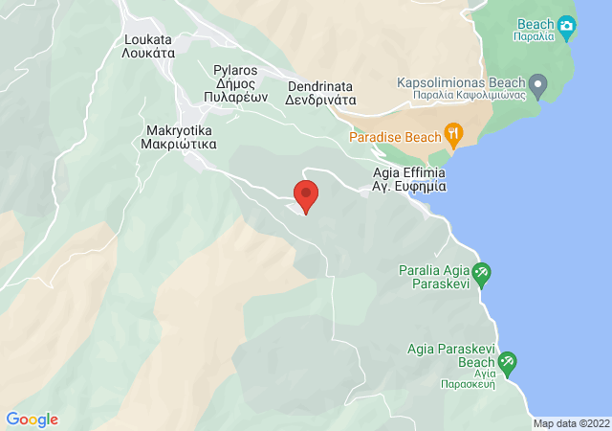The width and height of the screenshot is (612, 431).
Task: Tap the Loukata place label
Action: (x=148, y=40)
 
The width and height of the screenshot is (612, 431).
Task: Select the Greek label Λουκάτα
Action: (x=148, y=55)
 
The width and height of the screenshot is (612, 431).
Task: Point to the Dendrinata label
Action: (x=321, y=85)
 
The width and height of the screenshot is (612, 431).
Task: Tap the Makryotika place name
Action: (x=181, y=129)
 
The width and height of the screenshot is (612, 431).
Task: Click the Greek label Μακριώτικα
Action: (x=181, y=144)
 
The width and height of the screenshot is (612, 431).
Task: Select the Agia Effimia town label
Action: (x=409, y=174)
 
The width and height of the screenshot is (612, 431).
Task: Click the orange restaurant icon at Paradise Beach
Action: (x=453, y=132)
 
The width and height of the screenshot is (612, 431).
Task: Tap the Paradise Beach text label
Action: (x=395, y=137)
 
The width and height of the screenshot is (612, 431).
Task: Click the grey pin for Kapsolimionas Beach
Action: (x=538, y=87)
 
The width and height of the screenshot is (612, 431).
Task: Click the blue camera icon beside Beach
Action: (x=566, y=25)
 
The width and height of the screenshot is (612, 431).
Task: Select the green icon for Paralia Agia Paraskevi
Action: (x=483, y=273)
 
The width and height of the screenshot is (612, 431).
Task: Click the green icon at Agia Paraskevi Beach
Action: (x=507, y=362)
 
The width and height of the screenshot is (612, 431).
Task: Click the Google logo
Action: (x=32, y=420)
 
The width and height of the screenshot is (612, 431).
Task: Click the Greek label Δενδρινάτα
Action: (x=321, y=99)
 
